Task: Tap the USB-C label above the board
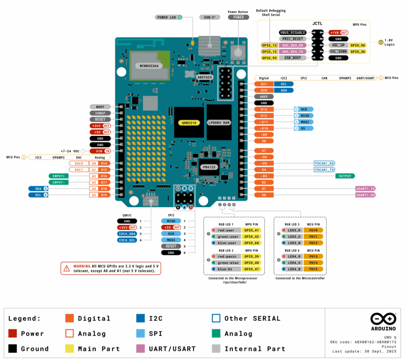[210, 17]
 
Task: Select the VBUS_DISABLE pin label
[293, 33]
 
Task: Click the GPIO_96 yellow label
[358, 45]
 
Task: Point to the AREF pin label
[264, 96]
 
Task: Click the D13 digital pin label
[264, 109]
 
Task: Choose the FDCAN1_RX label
[324, 163]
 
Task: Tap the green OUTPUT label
[345, 176]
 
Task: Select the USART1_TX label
[365, 189]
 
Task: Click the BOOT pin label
[100, 107]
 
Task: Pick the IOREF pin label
[100, 113]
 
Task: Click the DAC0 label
[79, 163]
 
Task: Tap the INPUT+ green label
[59, 176]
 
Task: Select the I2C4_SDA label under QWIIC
[127, 234]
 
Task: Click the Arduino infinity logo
[383, 319]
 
